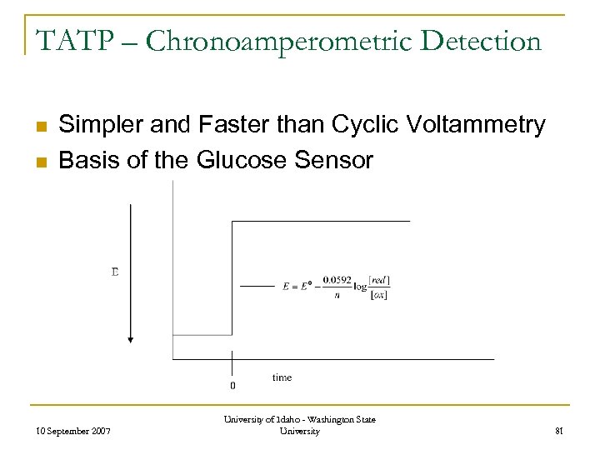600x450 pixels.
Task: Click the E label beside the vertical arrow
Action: [x=115, y=272]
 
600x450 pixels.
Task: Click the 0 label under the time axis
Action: [x=232, y=386]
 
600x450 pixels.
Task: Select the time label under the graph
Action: [x=282, y=377]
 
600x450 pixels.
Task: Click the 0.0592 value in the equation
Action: [x=337, y=280]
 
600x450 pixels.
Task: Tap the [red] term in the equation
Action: [x=380, y=279]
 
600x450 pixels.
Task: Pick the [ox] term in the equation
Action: [x=380, y=294]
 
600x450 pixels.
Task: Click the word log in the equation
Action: [x=360, y=287]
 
